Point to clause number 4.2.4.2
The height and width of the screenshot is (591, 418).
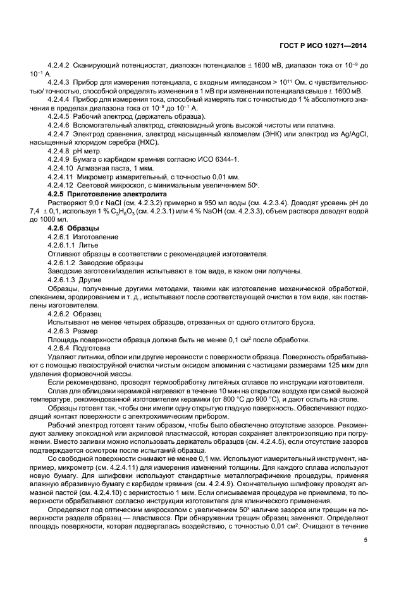coord(59,65)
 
